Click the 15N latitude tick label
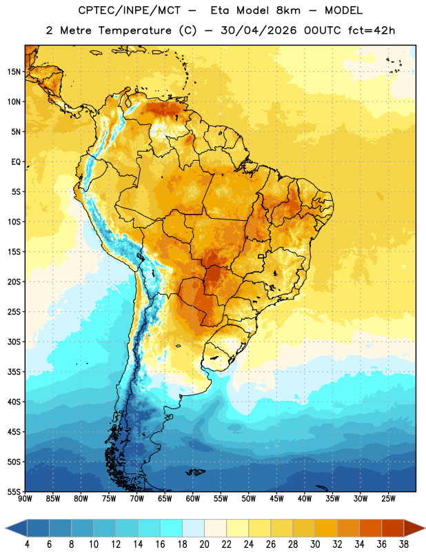click(14, 72)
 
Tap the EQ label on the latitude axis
click(16, 162)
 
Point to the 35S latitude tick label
click(14, 372)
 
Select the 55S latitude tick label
click(14, 492)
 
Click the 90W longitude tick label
click(25, 499)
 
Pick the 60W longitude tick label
click(193, 499)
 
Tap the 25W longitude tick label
click(388, 499)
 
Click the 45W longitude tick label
click(276, 499)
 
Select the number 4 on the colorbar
click(27, 544)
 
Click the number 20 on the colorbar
click(204, 544)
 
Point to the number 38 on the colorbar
click(404, 544)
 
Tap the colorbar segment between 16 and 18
click(172, 528)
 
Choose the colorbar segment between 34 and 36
click(371, 528)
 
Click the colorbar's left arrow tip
click(6, 528)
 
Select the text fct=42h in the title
click(372, 30)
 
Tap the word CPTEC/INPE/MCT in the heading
click(129, 10)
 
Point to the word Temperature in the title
click(134, 31)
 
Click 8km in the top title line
click(288, 10)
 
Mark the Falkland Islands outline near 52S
click(195, 472)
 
